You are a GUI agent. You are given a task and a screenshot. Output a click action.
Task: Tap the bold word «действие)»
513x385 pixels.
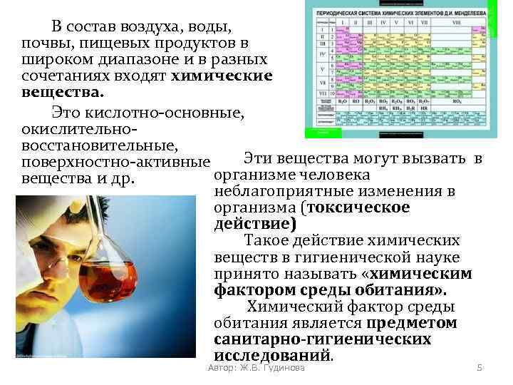coord(254,224)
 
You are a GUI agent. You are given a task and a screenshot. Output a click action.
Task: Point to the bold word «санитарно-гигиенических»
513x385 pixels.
coord(322,339)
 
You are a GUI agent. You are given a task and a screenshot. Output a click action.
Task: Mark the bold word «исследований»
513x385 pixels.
coord(272,355)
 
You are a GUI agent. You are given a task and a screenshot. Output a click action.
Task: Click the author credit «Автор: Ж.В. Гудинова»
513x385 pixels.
coord(254,368)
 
